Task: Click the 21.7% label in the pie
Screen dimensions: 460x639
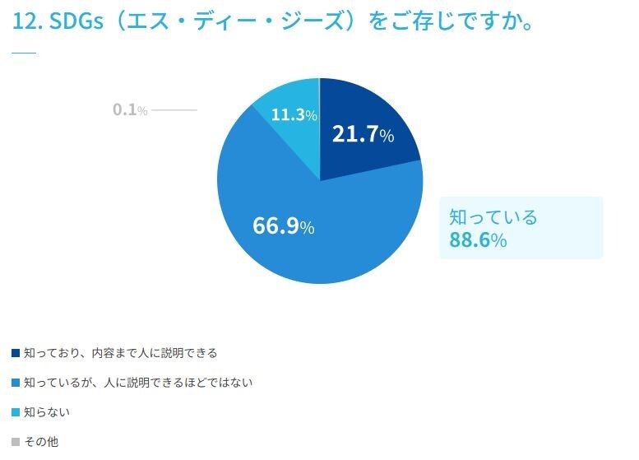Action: [x=363, y=134]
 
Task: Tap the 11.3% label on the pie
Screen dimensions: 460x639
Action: [x=294, y=115]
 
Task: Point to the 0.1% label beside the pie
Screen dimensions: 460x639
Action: [x=130, y=109]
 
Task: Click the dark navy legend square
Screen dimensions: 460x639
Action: [x=16, y=353]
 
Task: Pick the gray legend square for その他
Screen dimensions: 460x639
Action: [x=16, y=441]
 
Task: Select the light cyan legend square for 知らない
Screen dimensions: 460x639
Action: [x=16, y=412]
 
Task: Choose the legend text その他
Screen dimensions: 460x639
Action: [x=41, y=441]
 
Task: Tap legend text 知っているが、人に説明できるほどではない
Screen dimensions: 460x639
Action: [x=138, y=383]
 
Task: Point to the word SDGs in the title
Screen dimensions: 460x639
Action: [x=76, y=22]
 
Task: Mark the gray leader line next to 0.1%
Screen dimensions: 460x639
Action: [x=174, y=109]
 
